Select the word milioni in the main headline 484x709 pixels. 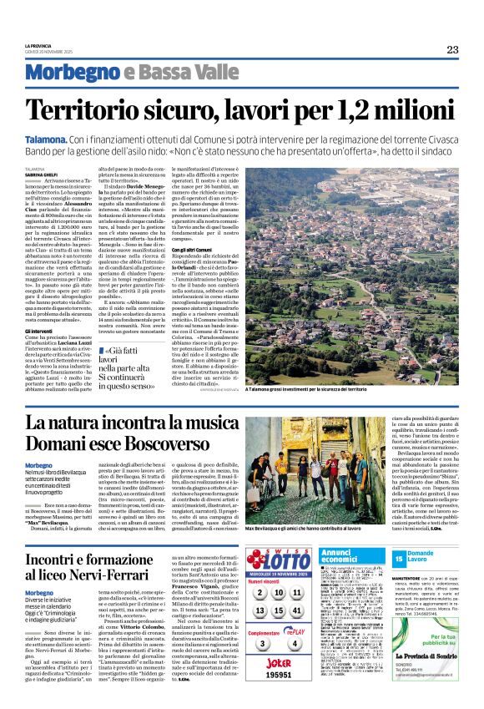click(408, 109)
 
